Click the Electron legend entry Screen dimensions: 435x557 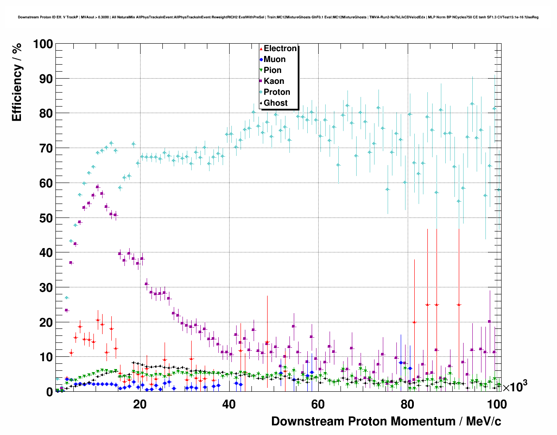280,48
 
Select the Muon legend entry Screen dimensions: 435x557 275,59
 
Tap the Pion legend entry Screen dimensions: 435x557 272,70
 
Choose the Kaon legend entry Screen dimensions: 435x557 274,81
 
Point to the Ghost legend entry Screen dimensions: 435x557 275,103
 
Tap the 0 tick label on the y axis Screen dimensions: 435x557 49,392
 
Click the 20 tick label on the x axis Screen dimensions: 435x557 140,404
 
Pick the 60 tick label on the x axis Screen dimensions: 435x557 318,404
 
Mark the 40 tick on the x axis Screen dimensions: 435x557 229,404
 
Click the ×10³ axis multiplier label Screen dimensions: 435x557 515,387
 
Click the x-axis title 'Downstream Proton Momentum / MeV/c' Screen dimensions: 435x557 386,421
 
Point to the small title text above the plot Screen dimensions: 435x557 278,17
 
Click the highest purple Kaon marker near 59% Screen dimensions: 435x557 98,186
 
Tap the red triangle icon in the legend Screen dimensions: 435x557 261,49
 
